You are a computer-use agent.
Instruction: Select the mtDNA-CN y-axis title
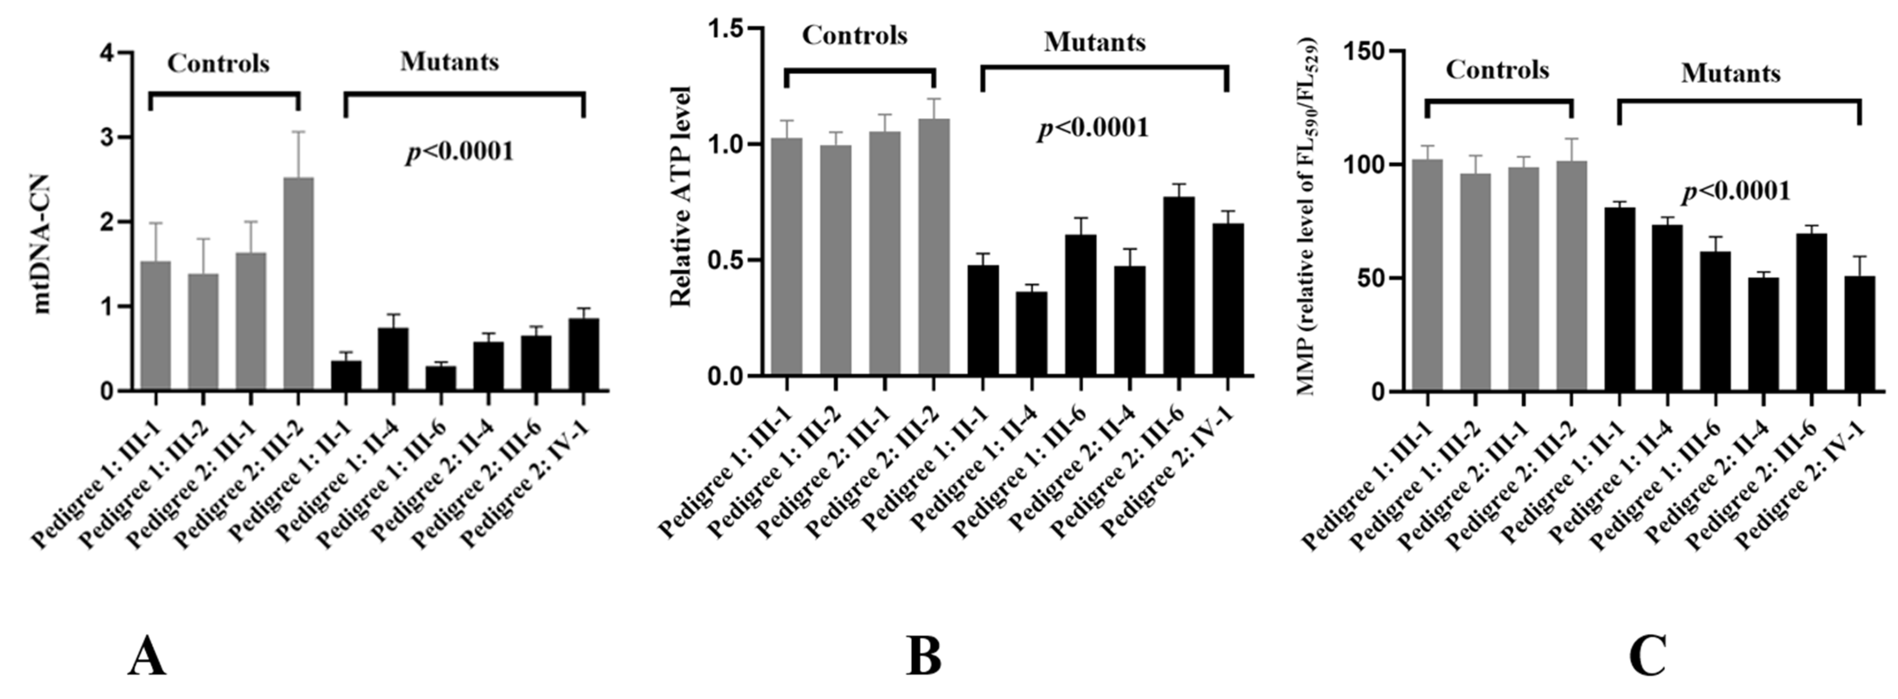point(42,244)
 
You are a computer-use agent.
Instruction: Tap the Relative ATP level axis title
point(682,196)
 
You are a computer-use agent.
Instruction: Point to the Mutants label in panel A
point(450,62)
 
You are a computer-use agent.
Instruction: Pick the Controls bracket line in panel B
point(860,71)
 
